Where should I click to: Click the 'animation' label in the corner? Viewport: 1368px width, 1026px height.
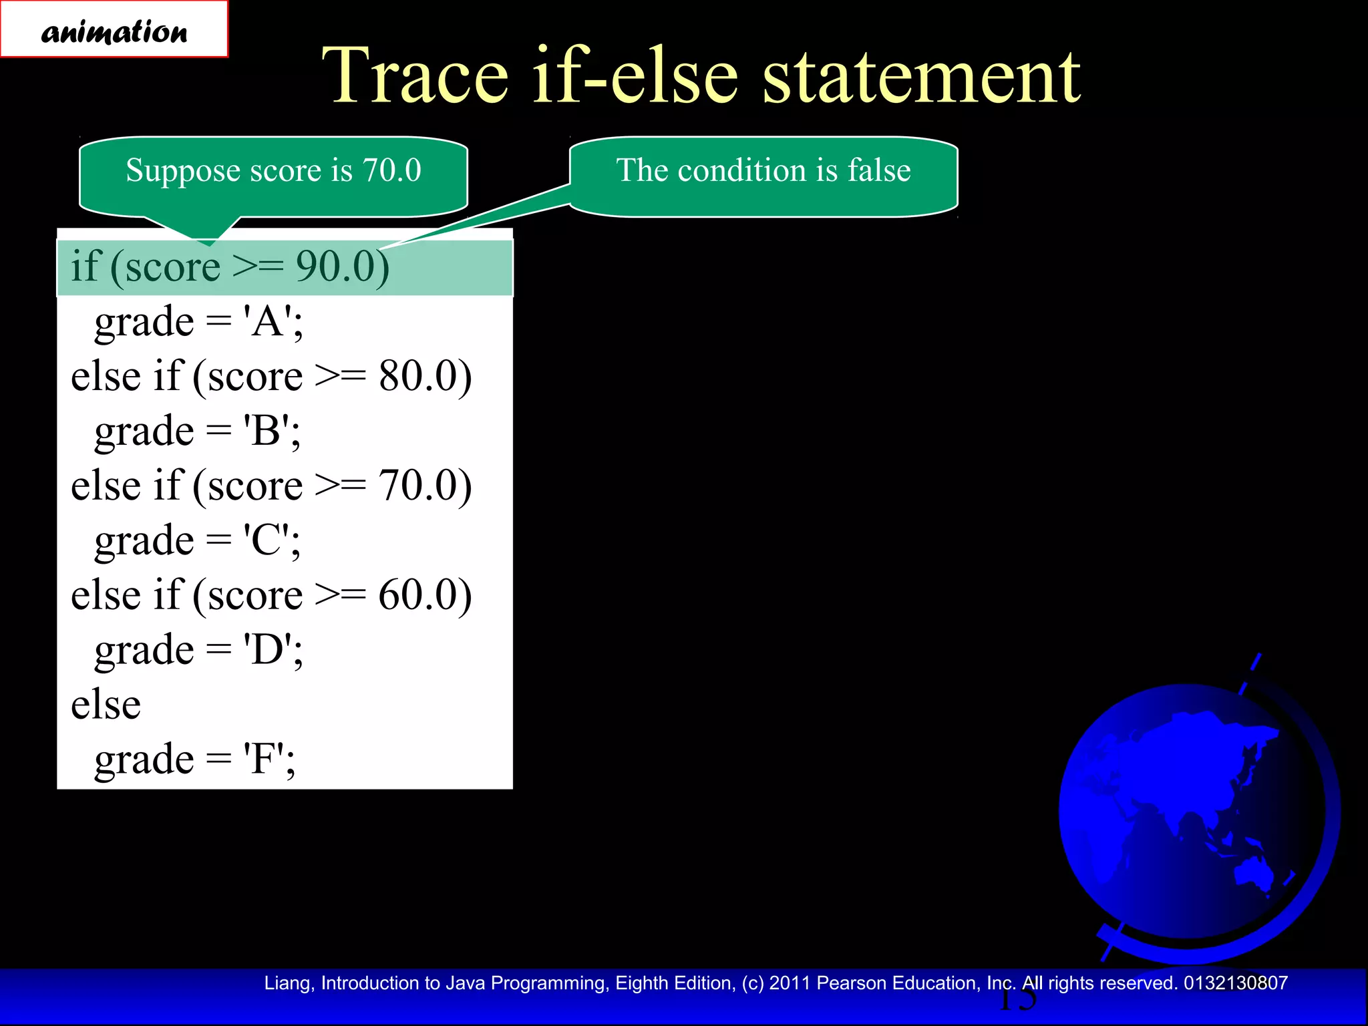(114, 31)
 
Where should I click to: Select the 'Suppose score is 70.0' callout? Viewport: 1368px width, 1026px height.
(273, 171)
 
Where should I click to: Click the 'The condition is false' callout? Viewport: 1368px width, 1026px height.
(763, 171)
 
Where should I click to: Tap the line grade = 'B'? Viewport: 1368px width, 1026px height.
(198, 431)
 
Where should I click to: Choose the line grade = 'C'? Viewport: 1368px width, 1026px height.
(198, 540)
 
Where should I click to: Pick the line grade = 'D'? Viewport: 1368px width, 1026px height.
(199, 649)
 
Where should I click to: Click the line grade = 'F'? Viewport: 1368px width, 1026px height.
(195, 759)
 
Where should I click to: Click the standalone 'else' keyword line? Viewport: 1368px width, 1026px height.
(106, 704)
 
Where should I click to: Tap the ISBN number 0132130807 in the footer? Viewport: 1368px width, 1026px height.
(1235, 983)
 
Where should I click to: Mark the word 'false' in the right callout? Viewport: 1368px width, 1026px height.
(879, 170)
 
